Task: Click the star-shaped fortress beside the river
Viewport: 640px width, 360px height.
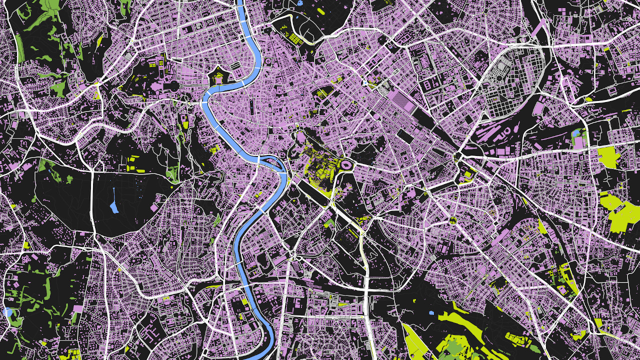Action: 218,78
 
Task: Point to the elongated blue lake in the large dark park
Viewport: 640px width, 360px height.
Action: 114,200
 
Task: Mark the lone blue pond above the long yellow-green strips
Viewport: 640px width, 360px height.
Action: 431,313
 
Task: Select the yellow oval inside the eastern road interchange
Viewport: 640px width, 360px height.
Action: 467,175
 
